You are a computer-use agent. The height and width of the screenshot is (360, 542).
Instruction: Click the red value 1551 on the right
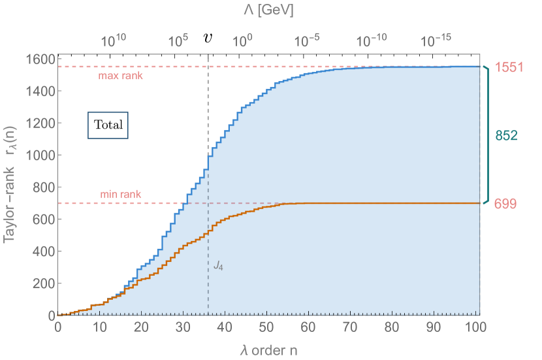click(x=509, y=67)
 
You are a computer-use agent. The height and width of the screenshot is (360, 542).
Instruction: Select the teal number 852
click(x=506, y=136)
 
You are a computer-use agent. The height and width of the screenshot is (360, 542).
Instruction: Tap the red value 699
click(x=505, y=205)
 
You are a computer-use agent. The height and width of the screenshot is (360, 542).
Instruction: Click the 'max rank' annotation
click(x=120, y=76)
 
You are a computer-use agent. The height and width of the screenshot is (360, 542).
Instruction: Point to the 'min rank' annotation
click(x=120, y=195)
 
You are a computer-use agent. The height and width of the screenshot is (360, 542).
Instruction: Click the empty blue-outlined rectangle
click(x=108, y=125)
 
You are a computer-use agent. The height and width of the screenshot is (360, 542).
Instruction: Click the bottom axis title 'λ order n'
click(x=268, y=350)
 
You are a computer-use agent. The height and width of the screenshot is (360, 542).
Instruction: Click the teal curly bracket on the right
click(x=486, y=135)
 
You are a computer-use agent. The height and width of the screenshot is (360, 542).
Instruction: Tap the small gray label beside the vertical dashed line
click(x=218, y=266)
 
